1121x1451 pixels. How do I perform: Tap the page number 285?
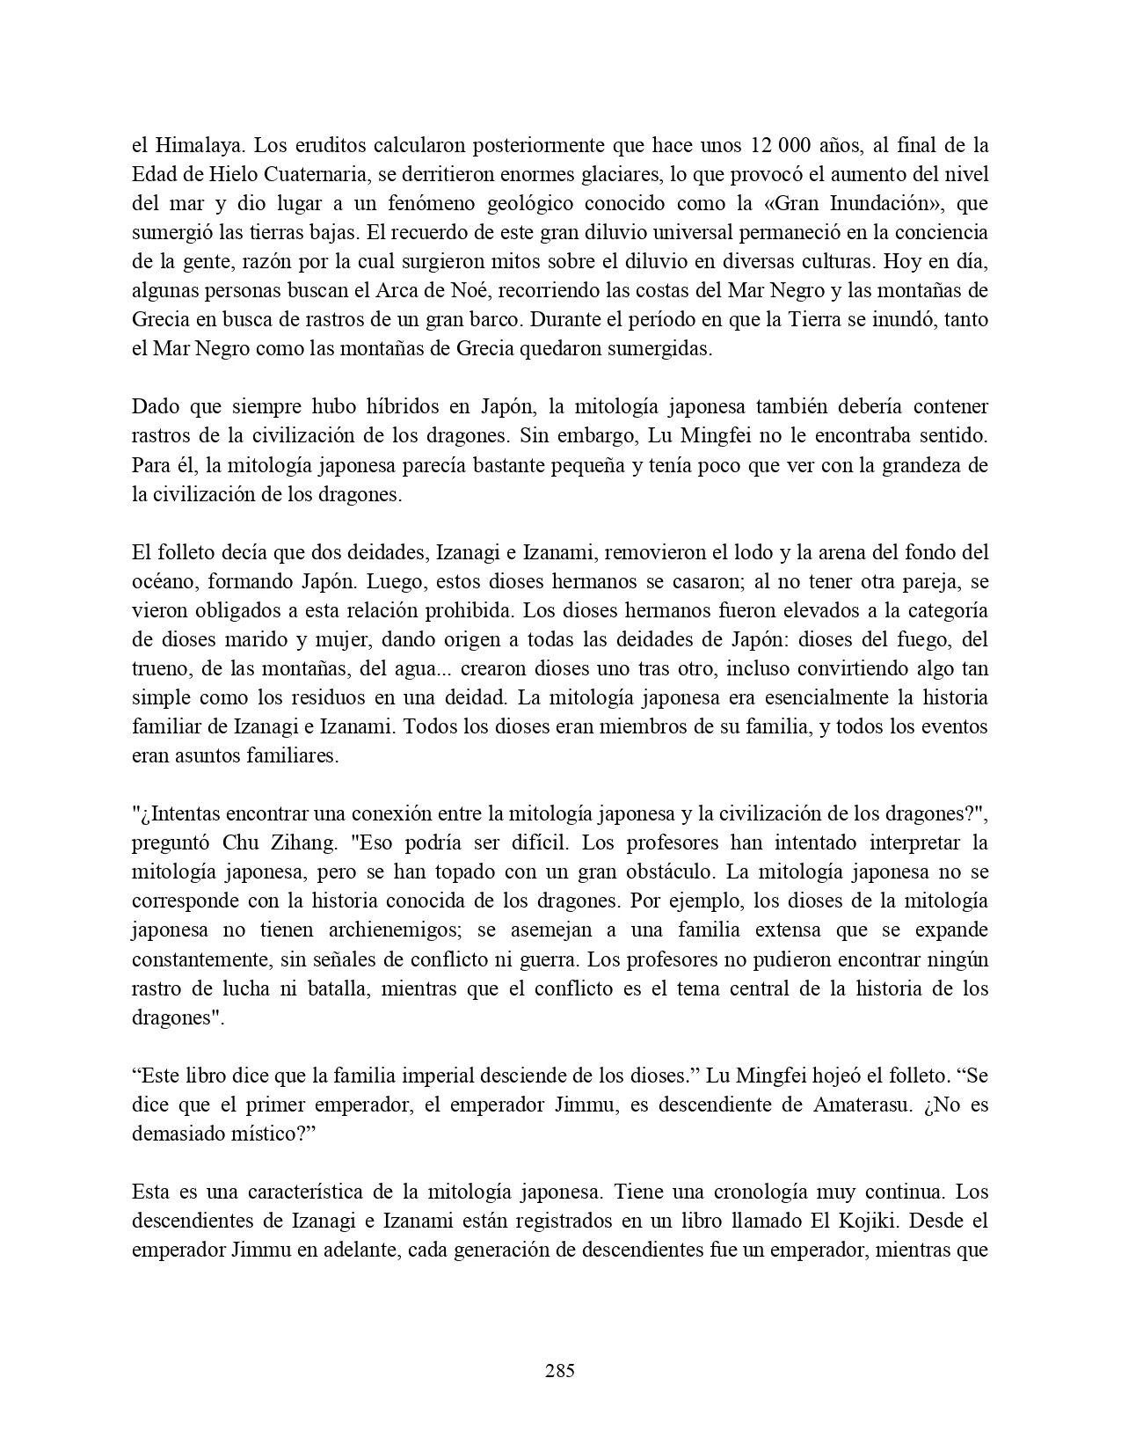click(560, 1370)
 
